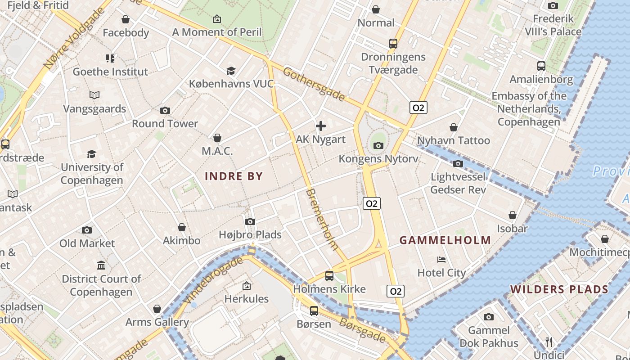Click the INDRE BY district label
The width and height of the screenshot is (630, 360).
pyautogui.click(x=234, y=176)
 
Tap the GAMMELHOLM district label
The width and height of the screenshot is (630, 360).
pyautogui.click(x=445, y=240)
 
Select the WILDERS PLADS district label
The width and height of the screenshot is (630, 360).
pyautogui.click(x=559, y=289)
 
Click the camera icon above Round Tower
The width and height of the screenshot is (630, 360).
pyautogui.click(x=165, y=111)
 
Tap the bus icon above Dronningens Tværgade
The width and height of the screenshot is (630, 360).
pyautogui.click(x=393, y=44)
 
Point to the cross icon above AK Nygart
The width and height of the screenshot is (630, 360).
pyautogui.click(x=321, y=126)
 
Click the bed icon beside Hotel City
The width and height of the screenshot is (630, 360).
pyautogui.click(x=441, y=260)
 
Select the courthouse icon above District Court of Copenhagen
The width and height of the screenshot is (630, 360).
pyautogui.click(x=101, y=265)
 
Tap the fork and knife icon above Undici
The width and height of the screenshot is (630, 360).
pyautogui.click(x=549, y=342)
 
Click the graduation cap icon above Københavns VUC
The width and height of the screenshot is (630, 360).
pyautogui.click(x=231, y=71)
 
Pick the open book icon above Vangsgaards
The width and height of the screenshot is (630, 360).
pyautogui.click(x=94, y=95)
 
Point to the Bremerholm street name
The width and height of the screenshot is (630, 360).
pyautogui.click(x=321, y=219)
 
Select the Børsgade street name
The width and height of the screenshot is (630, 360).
pyautogui.click(x=362, y=330)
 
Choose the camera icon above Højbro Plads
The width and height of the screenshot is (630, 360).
pyautogui.click(x=250, y=221)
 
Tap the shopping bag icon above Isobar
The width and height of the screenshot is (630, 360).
pyautogui.click(x=512, y=215)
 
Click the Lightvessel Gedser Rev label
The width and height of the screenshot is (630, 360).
pyautogui.click(x=458, y=183)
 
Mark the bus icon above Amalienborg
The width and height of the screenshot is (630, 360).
pyautogui.click(x=541, y=66)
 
